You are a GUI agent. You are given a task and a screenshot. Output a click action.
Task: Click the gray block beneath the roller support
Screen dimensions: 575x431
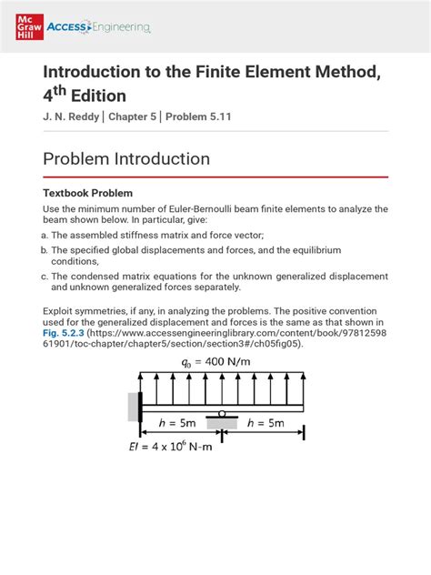pos(221,421)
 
